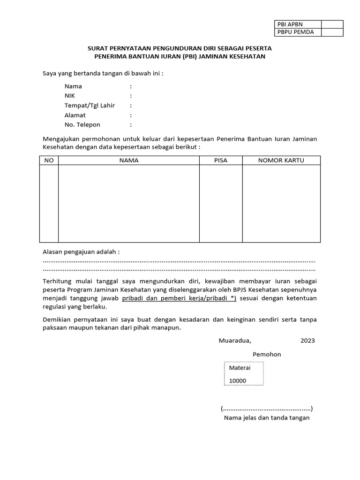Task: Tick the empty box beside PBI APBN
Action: (x=332, y=24)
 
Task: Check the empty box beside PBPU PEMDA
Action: (x=332, y=32)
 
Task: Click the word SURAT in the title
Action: (x=98, y=48)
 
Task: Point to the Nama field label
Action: (x=73, y=86)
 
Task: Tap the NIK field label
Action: (x=70, y=96)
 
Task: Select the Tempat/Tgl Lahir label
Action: (x=90, y=105)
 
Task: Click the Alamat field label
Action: (x=75, y=115)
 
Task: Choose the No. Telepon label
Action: (x=82, y=125)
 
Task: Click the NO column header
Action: (x=49, y=160)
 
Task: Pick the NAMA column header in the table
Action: (x=129, y=160)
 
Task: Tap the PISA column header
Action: (x=220, y=160)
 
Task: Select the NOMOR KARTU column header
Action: (x=281, y=160)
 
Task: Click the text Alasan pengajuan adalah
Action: (x=81, y=252)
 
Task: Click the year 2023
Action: (x=308, y=341)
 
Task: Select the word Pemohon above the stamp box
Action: (x=267, y=354)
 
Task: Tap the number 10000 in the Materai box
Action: (x=237, y=381)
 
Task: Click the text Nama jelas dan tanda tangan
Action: (x=267, y=418)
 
